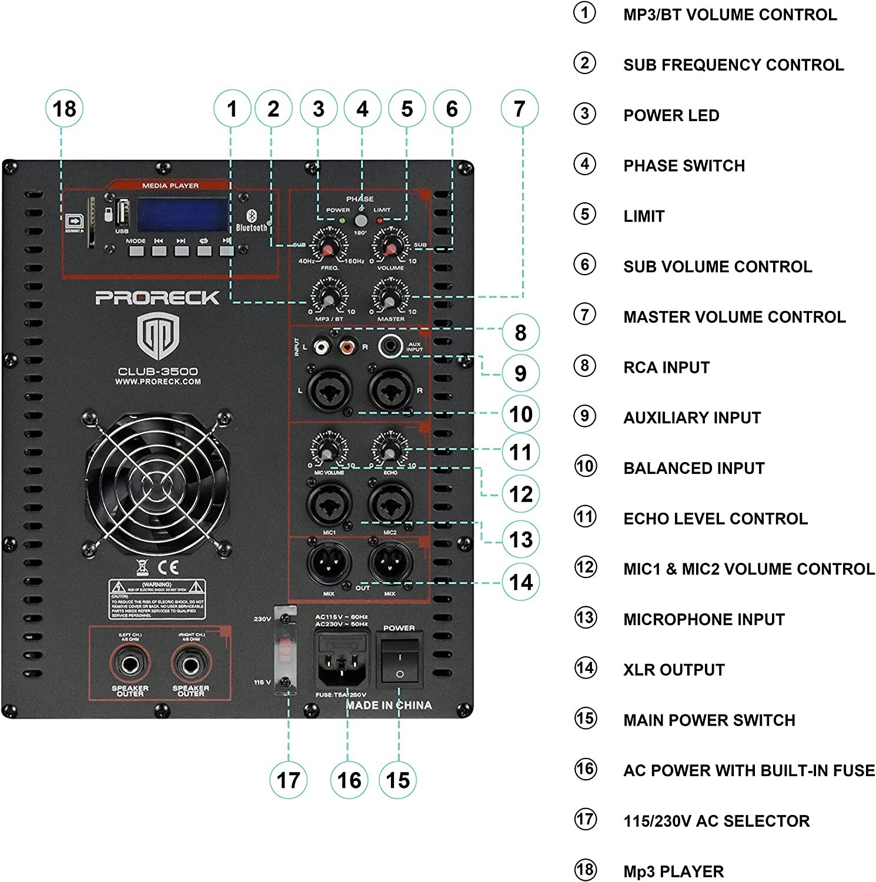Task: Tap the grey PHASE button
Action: [360, 221]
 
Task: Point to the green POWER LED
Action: [342, 220]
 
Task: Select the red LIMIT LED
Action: [379, 220]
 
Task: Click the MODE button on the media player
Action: [136, 251]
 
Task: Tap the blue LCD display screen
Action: [183, 215]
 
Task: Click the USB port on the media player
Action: [122, 213]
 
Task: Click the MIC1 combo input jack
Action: [329, 504]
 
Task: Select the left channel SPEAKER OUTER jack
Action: [130, 665]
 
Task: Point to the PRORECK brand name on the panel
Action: [158, 298]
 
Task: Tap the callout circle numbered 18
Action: [64, 109]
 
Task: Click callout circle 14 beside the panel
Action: [521, 582]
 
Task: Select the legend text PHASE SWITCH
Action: [684, 166]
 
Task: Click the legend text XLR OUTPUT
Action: [674, 670]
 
